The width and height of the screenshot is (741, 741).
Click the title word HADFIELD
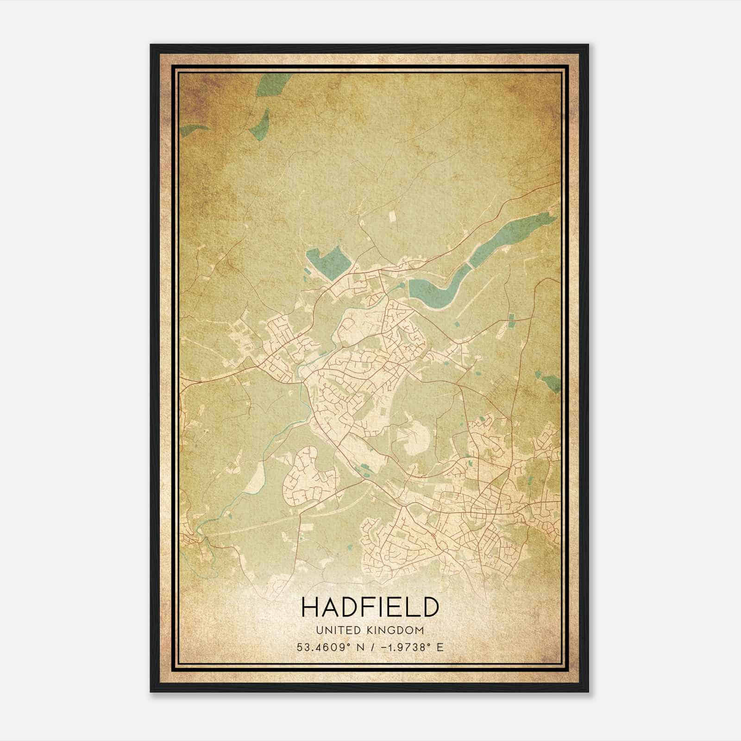tap(370, 607)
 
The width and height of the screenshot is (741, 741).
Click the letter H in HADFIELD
tap(310, 607)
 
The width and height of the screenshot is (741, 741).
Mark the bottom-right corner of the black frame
tap(588, 691)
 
